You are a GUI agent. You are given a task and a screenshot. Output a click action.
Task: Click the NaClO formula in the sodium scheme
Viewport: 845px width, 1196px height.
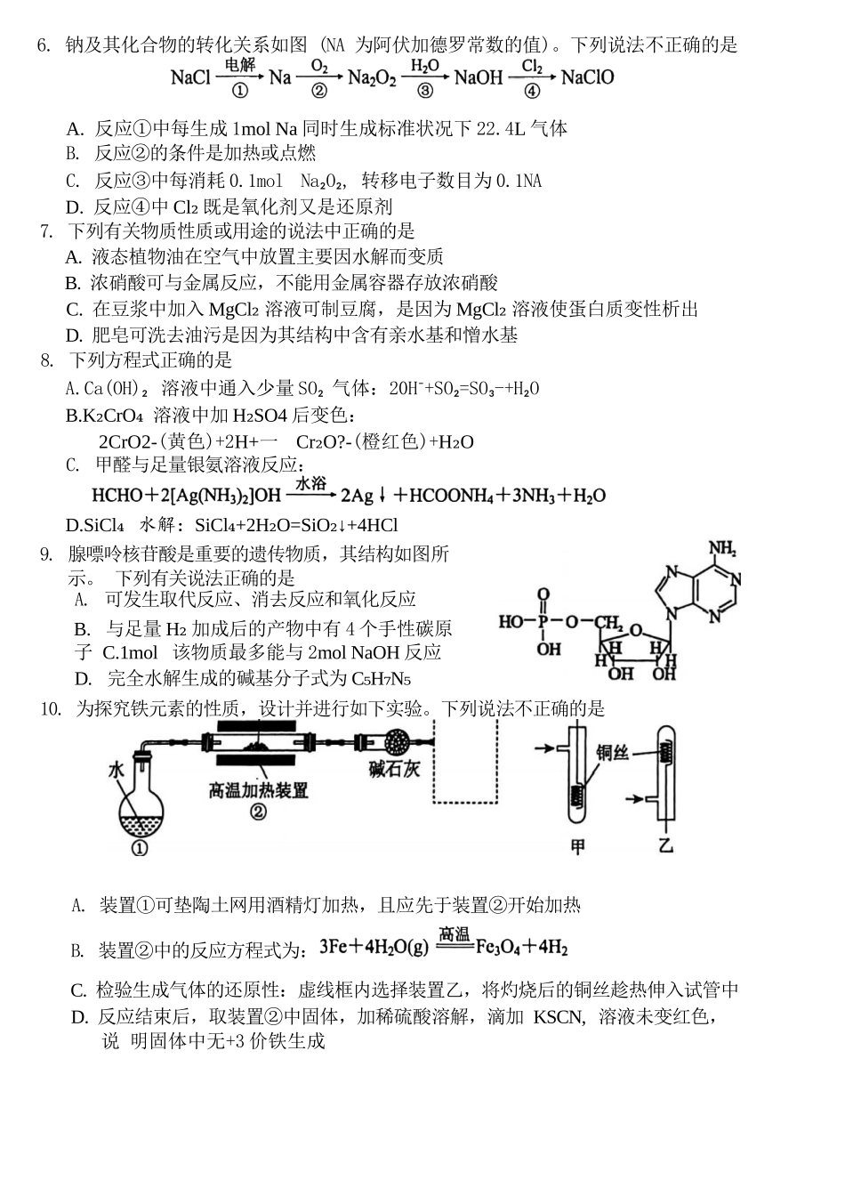(587, 77)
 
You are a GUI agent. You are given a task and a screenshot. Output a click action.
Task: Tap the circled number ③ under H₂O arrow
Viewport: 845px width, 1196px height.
(424, 91)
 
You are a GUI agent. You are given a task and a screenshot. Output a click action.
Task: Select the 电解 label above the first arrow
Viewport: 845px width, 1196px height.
(239, 65)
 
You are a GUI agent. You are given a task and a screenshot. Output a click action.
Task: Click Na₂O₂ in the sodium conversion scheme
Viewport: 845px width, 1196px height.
(372, 78)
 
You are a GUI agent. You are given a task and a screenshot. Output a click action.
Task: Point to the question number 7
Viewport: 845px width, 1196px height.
(47, 231)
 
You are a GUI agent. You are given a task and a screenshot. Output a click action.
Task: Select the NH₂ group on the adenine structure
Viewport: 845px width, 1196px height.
(721, 549)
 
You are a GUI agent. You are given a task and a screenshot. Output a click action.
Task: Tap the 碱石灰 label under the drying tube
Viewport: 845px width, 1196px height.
(394, 771)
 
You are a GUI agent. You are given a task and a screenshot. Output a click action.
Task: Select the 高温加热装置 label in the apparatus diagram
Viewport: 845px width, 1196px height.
(258, 790)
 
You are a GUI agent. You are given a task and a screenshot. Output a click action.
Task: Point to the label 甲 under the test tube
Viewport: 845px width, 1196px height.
(577, 846)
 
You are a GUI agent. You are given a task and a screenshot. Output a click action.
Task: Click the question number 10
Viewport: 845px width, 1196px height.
(50, 708)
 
